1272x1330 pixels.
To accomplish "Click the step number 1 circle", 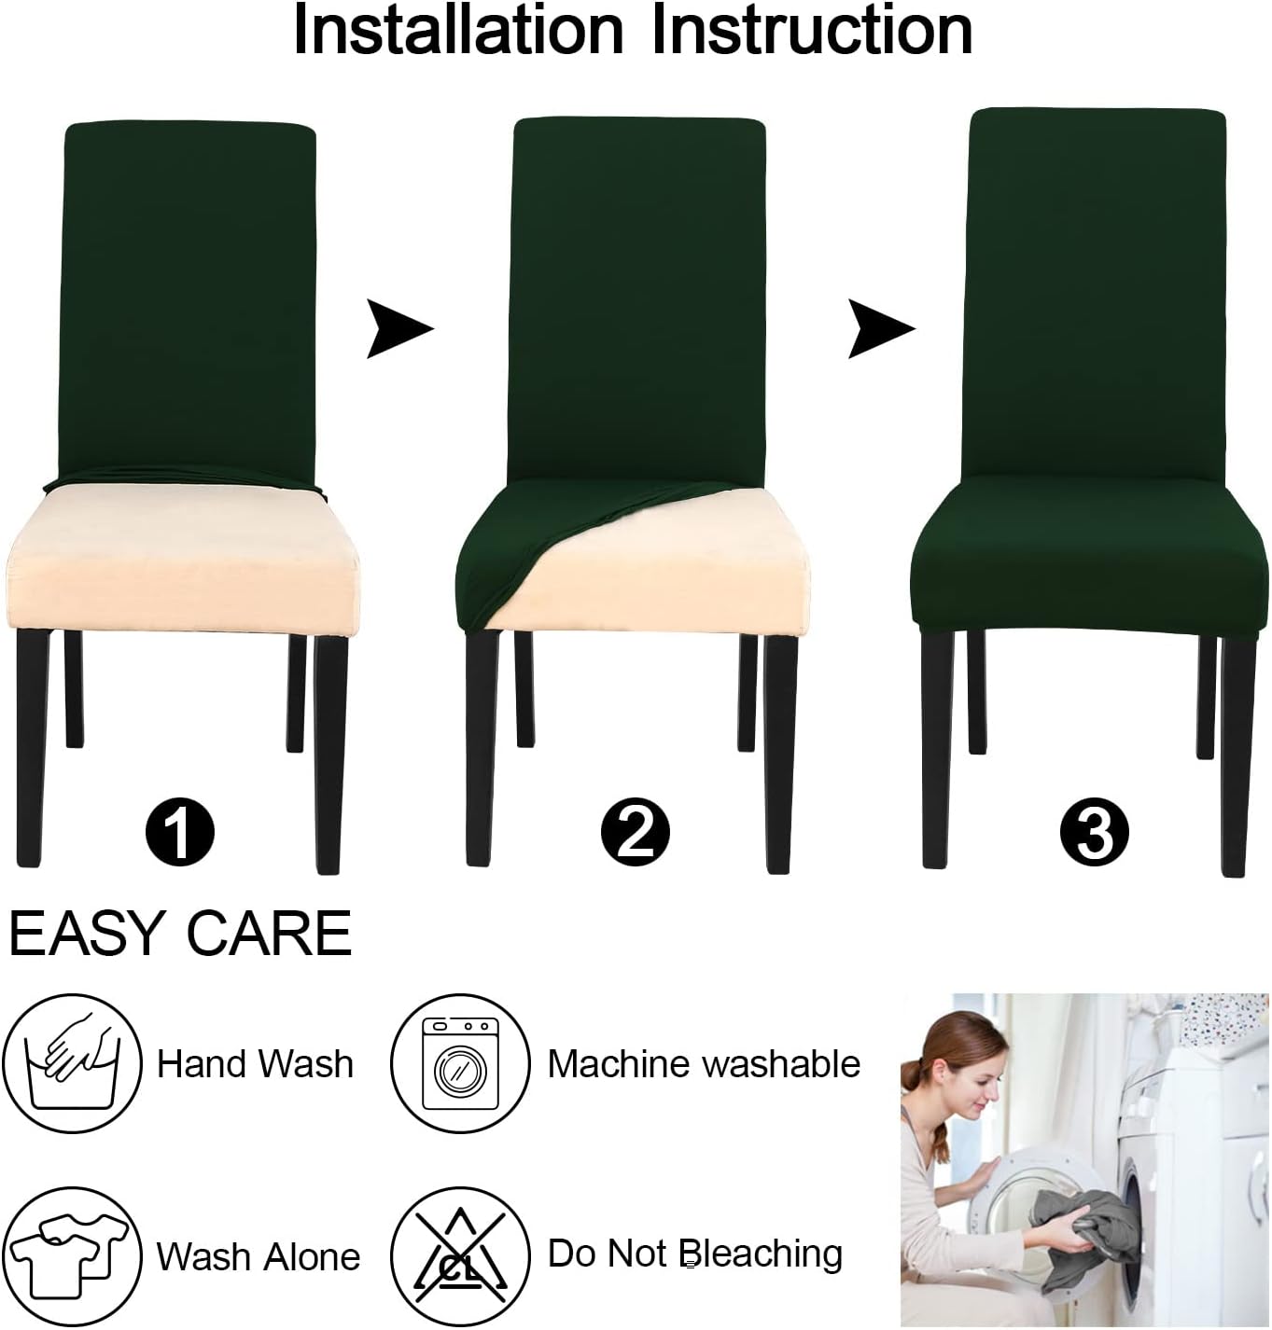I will (180, 831).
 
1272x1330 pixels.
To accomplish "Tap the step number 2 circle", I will (635, 831).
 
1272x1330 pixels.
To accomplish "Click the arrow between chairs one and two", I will (398, 328).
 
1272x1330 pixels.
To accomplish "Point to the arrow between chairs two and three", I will (879, 328).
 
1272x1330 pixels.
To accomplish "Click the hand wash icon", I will (73, 1063).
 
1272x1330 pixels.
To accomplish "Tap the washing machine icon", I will (460, 1063).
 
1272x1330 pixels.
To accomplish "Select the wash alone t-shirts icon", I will (72, 1256).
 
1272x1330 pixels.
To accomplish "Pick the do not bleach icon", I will (460, 1256).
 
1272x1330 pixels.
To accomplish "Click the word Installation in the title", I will (457, 31).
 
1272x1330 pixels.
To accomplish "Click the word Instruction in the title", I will (811, 31).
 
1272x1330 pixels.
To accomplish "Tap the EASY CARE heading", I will (180, 933).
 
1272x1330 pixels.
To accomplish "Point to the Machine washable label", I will (704, 1064).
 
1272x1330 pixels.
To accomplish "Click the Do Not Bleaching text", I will (695, 1254).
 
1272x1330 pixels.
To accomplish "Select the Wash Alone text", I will (258, 1256).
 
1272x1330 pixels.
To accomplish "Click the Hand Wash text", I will (255, 1064).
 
